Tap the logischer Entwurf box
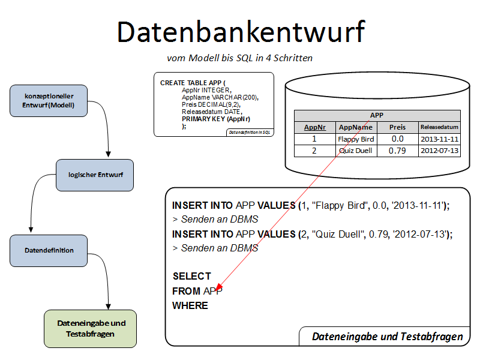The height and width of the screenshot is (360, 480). click(94, 175)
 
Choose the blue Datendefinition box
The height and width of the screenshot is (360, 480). click(49, 250)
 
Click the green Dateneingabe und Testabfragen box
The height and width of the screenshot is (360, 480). click(91, 328)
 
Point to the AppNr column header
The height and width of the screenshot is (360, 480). click(315, 127)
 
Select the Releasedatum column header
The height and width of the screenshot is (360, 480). click(439, 127)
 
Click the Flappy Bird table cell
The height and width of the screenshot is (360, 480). click(356, 139)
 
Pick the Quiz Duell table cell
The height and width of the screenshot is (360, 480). click(356, 151)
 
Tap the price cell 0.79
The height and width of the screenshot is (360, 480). click(397, 151)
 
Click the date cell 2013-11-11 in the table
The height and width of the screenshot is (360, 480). click(439, 139)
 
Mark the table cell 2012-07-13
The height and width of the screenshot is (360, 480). click(439, 151)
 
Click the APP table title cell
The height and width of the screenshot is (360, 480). click(377, 116)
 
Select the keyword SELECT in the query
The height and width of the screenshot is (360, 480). click(192, 276)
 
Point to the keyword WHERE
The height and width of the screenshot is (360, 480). click(190, 305)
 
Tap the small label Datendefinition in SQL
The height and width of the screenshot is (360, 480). click(250, 132)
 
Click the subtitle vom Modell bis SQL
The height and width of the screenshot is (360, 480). click(239, 58)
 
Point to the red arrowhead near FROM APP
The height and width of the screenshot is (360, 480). click(220, 287)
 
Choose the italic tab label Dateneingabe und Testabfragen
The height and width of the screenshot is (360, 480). click(388, 337)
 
